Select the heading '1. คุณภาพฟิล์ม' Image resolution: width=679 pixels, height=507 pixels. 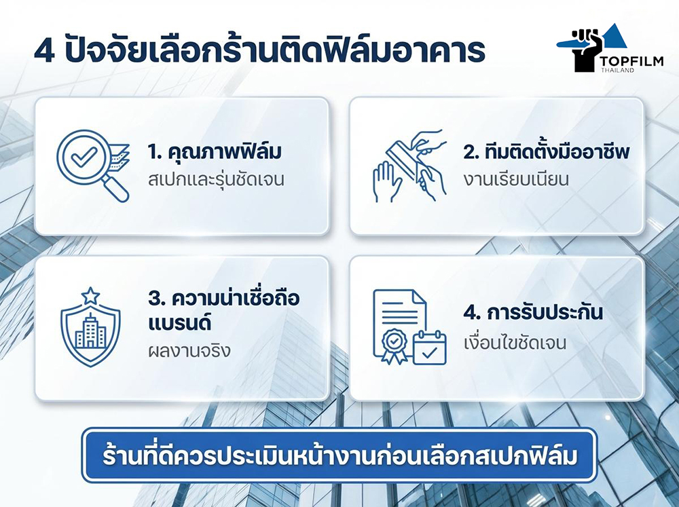click(x=214, y=152)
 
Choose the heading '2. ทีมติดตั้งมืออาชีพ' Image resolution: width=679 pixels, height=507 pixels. click(x=547, y=152)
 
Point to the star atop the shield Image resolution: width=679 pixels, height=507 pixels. click(x=90, y=296)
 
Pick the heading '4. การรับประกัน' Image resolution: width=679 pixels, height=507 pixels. click(x=533, y=314)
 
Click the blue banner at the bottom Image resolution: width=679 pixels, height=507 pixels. click(x=339, y=455)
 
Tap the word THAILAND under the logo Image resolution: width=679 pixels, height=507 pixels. click(x=617, y=71)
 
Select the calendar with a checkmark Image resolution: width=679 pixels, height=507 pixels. click(x=429, y=348)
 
